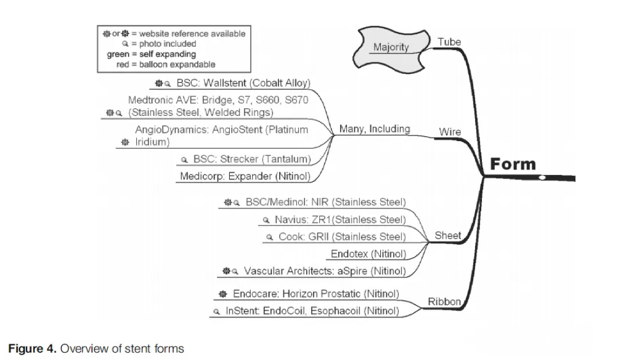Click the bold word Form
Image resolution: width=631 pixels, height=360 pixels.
tap(513, 165)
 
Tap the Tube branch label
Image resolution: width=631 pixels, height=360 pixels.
tap(449, 42)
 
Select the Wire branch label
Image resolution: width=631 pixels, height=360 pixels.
tap(450, 132)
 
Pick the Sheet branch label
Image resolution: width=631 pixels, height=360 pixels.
tap(447, 235)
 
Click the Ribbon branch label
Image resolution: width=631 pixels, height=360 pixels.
tap(444, 301)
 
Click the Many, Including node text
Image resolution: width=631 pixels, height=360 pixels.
tap(375, 129)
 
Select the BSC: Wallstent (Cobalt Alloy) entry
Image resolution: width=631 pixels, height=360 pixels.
tap(243, 83)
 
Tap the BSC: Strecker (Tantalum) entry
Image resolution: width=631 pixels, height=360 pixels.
tap(251, 160)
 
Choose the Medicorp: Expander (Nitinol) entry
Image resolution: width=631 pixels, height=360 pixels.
tap(245, 176)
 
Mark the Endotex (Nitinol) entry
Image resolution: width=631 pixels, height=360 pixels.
tap(368, 253)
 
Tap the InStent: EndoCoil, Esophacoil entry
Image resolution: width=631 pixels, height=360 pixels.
tap(312, 311)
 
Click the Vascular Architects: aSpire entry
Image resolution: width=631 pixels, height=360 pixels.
tap(325, 271)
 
